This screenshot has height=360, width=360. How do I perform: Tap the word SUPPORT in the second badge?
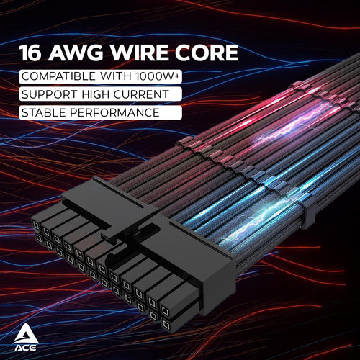point(48,94)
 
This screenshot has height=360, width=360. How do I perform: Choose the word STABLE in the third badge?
point(44,112)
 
